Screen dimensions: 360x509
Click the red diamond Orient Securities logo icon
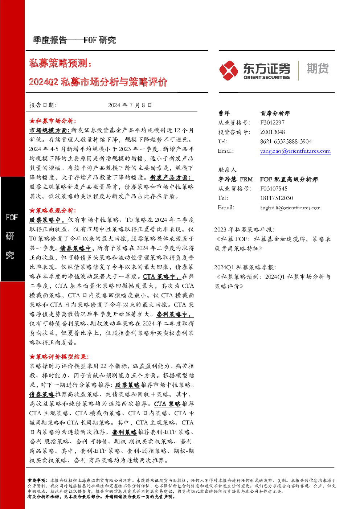pyautogui.click(x=228, y=71)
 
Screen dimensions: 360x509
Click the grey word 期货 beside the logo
pyautogui.click(x=318, y=69)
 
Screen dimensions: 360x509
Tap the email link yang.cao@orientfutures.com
pyautogui.click(x=295, y=151)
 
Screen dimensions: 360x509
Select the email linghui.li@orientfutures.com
pyautogui.click(x=290, y=208)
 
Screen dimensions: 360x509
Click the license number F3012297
pyautogui.click(x=272, y=123)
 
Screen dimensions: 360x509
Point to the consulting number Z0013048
pyautogui.click(x=273, y=132)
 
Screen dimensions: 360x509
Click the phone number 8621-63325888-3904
pyautogui.click(x=286, y=141)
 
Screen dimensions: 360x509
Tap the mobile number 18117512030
pyautogui.click(x=277, y=198)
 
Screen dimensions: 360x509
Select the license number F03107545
pyautogui.click(x=274, y=189)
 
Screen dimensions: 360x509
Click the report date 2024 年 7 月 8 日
pyautogui.click(x=130, y=105)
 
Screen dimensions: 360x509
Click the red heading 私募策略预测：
pyautogui.click(x=60, y=63)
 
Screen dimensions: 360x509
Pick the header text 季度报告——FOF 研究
pyautogui.click(x=74, y=40)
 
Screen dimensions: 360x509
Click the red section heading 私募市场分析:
pyautogui.click(x=53, y=121)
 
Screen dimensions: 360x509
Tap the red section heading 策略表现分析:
pyautogui.click(x=53, y=210)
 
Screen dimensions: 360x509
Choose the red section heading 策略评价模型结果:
pyautogui.click(x=59, y=357)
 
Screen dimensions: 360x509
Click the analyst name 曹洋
pyautogui.click(x=224, y=113)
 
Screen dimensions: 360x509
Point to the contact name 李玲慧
pyautogui.click(x=227, y=179)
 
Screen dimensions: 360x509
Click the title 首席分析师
pyautogui.click(x=275, y=113)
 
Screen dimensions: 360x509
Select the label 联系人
pyautogui.click(x=227, y=170)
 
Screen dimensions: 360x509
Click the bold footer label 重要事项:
pyautogui.click(x=37, y=480)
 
